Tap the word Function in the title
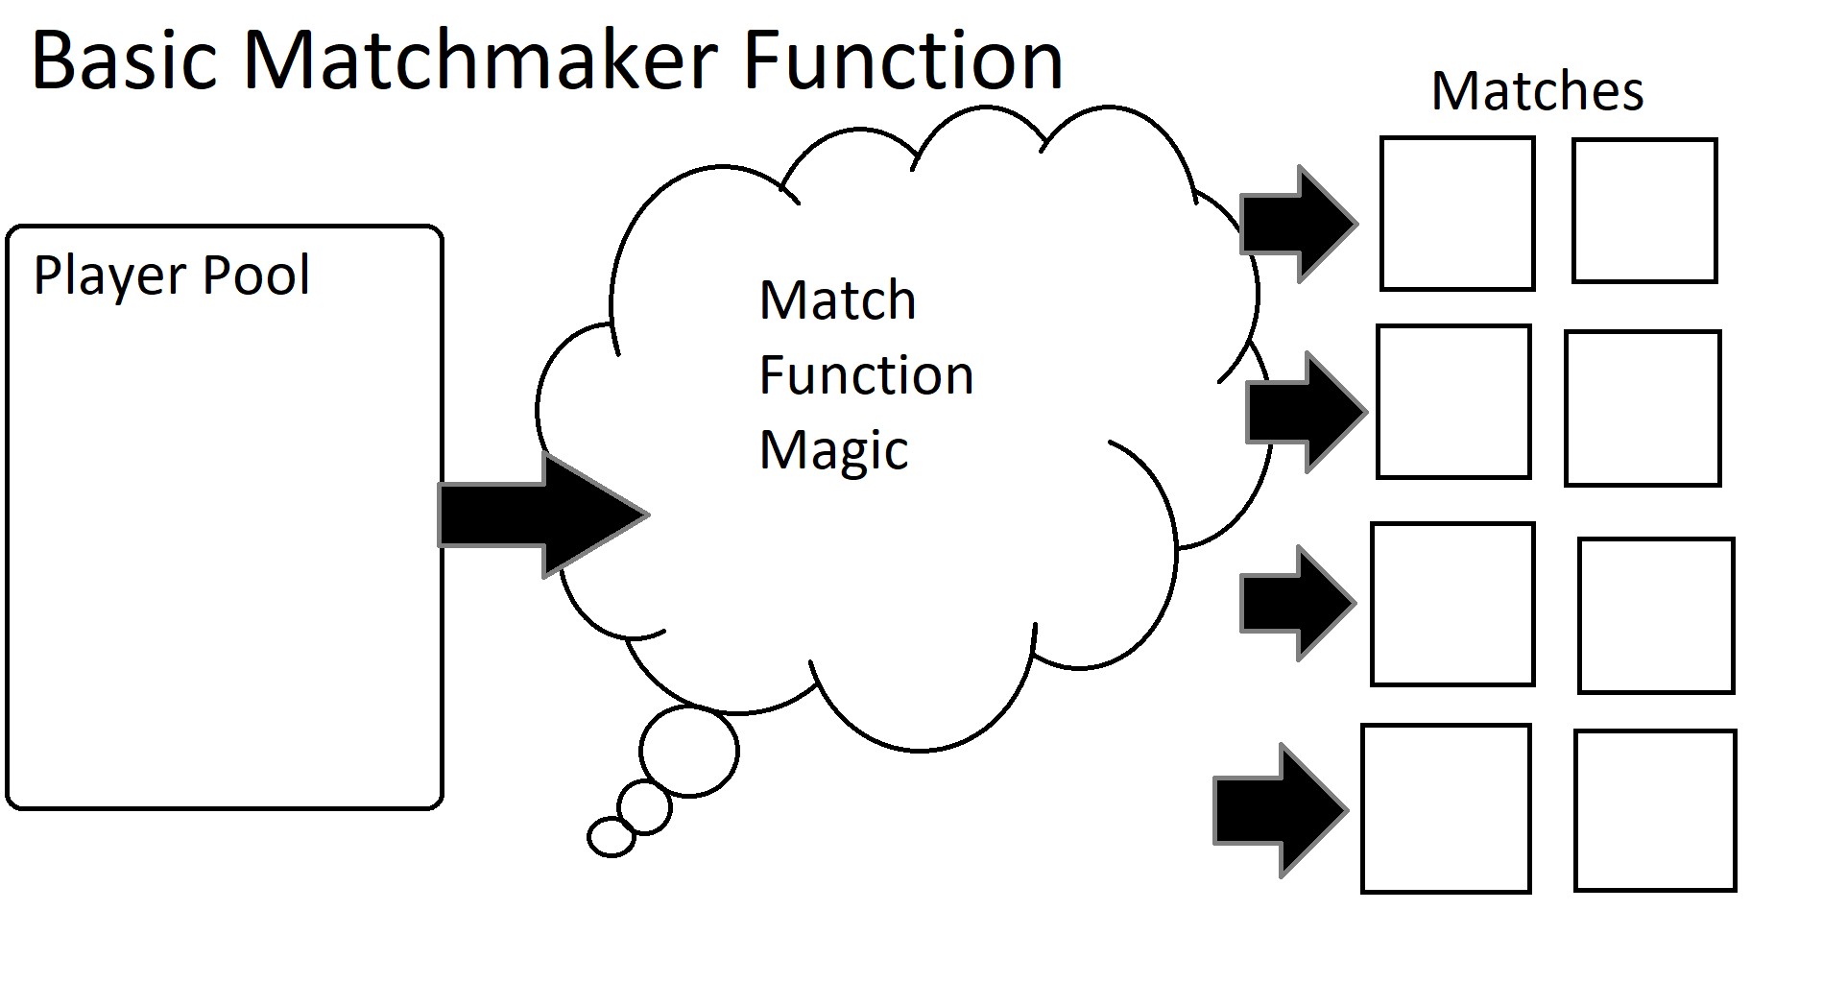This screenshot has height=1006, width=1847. pyautogui.click(x=902, y=60)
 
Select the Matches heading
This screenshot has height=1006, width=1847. pyautogui.click(x=1537, y=92)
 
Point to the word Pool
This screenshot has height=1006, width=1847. pyautogui.click(x=256, y=275)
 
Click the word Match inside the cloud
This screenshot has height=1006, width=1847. pyautogui.click(x=837, y=300)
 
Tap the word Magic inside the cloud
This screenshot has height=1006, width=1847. pyautogui.click(x=833, y=450)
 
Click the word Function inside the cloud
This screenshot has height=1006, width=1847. pyautogui.click(x=866, y=375)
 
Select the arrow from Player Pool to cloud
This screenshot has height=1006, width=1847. pyautogui.click(x=542, y=515)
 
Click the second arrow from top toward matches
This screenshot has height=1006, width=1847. pyautogui.click(x=1306, y=412)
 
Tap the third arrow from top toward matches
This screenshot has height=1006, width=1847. pyautogui.click(x=1296, y=604)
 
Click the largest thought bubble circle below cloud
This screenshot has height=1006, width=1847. pyautogui.click(x=689, y=751)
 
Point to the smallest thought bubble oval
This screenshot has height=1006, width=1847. pyautogui.click(x=612, y=837)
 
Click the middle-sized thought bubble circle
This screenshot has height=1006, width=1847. pyautogui.click(x=644, y=807)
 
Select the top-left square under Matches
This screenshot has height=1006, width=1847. pyautogui.click(x=1456, y=213)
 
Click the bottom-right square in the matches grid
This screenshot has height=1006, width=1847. pyautogui.click(x=1654, y=811)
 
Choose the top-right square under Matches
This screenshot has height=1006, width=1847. pyautogui.click(x=1643, y=211)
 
